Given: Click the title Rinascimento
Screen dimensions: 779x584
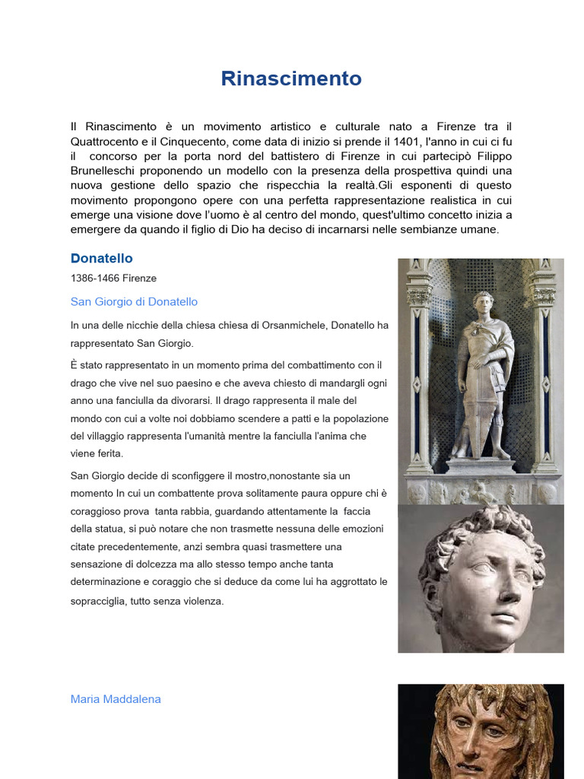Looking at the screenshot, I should pyautogui.click(x=291, y=78).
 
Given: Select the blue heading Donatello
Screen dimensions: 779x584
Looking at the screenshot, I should pyautogui.click(x=101, y=259).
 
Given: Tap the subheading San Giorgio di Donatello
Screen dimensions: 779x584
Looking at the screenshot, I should pyautogui.click(x=134, y=302).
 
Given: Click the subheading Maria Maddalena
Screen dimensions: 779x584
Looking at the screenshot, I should pyautogui.click(x=116, y=699).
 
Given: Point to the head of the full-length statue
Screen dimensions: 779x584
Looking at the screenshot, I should pyautogui.click(x=483, y=302).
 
